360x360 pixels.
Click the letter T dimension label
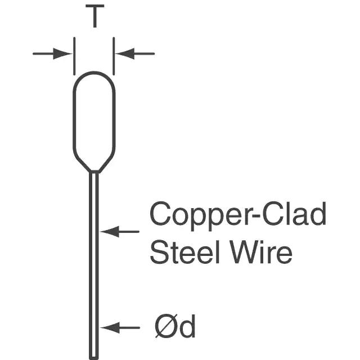tap(94, 16)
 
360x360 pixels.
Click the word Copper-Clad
tap(238, 216)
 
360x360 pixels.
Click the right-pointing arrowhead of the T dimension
tap(62, 54)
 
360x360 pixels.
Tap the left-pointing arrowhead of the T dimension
tap(125, 54)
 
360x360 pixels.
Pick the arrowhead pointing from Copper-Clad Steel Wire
tap(110, 231)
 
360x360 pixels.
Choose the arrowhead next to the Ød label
tap(110, 327)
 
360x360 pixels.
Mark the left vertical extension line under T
tap(74, 56)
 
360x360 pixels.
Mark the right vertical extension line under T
tap(114, 56)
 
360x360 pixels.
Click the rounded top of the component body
tap(94, 73)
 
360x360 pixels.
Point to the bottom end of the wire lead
tap(94, 358)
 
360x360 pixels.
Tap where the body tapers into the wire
tap(94, 171)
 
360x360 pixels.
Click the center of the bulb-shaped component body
tap(94, 121)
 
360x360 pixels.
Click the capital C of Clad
tap(273, 214)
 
